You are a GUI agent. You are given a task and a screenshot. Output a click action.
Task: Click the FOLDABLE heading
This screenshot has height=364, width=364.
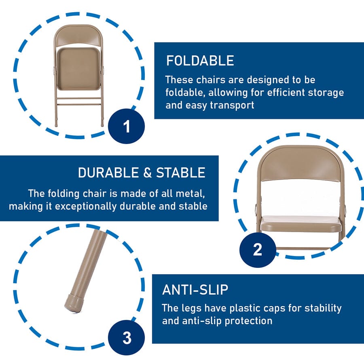pos(200,61)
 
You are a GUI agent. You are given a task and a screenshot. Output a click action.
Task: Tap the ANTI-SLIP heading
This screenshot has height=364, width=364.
pos(195,290)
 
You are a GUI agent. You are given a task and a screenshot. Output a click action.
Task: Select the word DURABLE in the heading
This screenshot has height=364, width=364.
pos(108,173)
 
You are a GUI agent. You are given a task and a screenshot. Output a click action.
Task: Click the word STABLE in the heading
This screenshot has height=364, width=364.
pos(181,173)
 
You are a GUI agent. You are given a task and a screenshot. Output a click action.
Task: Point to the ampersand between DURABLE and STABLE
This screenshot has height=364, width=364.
pos(147,173)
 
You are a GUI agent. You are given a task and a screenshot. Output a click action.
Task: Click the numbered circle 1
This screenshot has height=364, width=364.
pos(127,126)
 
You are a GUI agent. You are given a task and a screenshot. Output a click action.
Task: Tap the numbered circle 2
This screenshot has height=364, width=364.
pos(258,250)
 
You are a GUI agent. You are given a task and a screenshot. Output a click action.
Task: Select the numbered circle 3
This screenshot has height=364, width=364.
pos(127,338)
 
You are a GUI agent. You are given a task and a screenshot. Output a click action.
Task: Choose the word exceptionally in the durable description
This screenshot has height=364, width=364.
pos(86,206)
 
